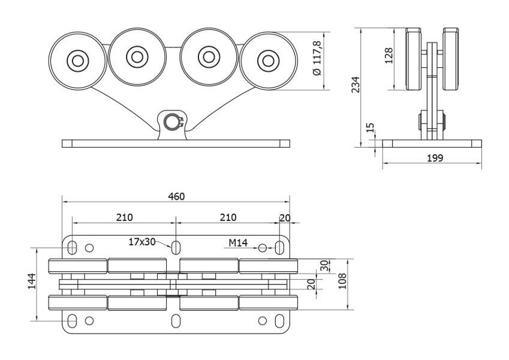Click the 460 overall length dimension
(x=176, y=197)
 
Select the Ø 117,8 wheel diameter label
(x=317, y=58)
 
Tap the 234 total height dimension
(x=356, y=85)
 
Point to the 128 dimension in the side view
(x=388, y=55)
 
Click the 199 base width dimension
(x=435, y=158)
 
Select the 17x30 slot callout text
(x=142, y=242)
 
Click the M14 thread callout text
(x=238, y=243)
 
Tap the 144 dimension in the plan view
(x=32, y=281)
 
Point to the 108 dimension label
(x=342, y=281)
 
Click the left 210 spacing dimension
(x=125, y=217)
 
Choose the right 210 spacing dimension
(x=228, y=217)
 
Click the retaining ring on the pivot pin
(x=174, y=122)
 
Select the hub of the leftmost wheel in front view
(x=78, y=61)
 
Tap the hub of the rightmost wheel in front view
(x=268, y=61)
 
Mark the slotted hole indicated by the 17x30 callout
(x=176, y=248)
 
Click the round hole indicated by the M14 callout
(x=262, y=248)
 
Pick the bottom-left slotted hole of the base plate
(x=72, y=321)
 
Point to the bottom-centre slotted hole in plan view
(x=176, y=321)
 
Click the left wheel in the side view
(x=414, y=59)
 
